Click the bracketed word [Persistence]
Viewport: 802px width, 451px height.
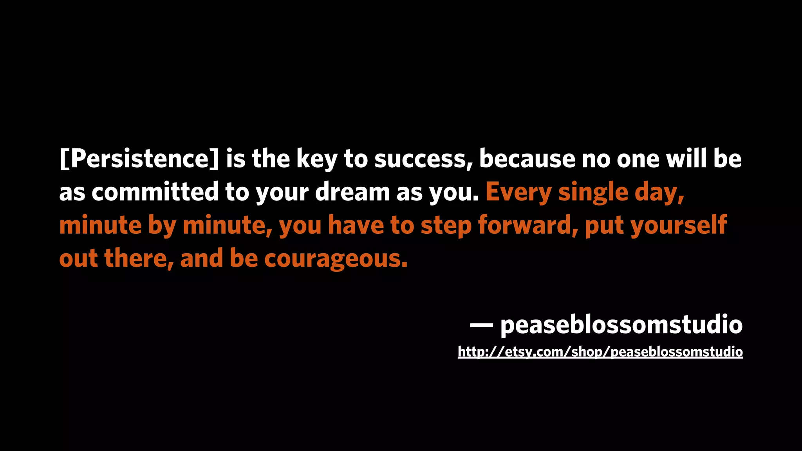(139, 159)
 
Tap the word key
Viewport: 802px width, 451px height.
(316, 159)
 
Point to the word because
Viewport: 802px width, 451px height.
(527, 159)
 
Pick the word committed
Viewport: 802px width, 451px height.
(155, 192)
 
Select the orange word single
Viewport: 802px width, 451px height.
(593, 193)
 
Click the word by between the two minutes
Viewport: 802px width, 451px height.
(162, 226)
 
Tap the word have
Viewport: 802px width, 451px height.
(356, 225)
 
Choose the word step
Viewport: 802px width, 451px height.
(446, 226)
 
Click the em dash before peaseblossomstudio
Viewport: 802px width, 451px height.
(481, 325)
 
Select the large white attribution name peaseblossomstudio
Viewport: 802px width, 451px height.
(621, 325)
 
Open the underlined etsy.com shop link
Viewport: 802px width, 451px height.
(600, 352)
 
